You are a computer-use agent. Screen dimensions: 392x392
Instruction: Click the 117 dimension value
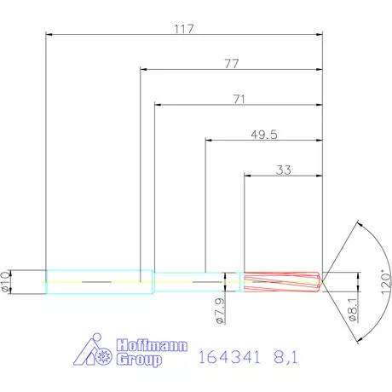tap(184, 28)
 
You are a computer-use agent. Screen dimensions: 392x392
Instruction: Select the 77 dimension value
tap(230, 63)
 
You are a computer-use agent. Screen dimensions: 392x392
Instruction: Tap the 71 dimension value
tap(239, 99)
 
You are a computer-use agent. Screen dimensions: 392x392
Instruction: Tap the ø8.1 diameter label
tap(350, 309)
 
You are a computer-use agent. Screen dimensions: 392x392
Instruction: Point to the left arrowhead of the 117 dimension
tap(49, 35)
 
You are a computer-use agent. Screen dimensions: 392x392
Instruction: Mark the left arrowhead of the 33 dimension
tap(248, 176)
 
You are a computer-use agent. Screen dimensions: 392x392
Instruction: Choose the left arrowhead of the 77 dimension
tap(143, 70)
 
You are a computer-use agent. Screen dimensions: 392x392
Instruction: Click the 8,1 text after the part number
tap(285, 358)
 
